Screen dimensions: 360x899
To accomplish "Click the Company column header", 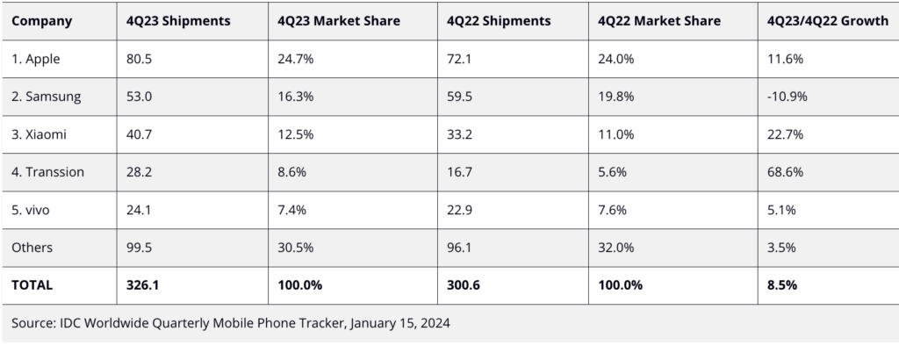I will (42, 20).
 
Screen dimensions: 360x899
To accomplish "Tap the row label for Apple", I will (39, 59).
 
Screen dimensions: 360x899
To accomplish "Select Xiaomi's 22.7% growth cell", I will (785, 134).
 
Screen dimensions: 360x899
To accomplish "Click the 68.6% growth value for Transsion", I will (785, 172).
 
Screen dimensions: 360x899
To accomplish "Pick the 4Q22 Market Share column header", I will (660, 20).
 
